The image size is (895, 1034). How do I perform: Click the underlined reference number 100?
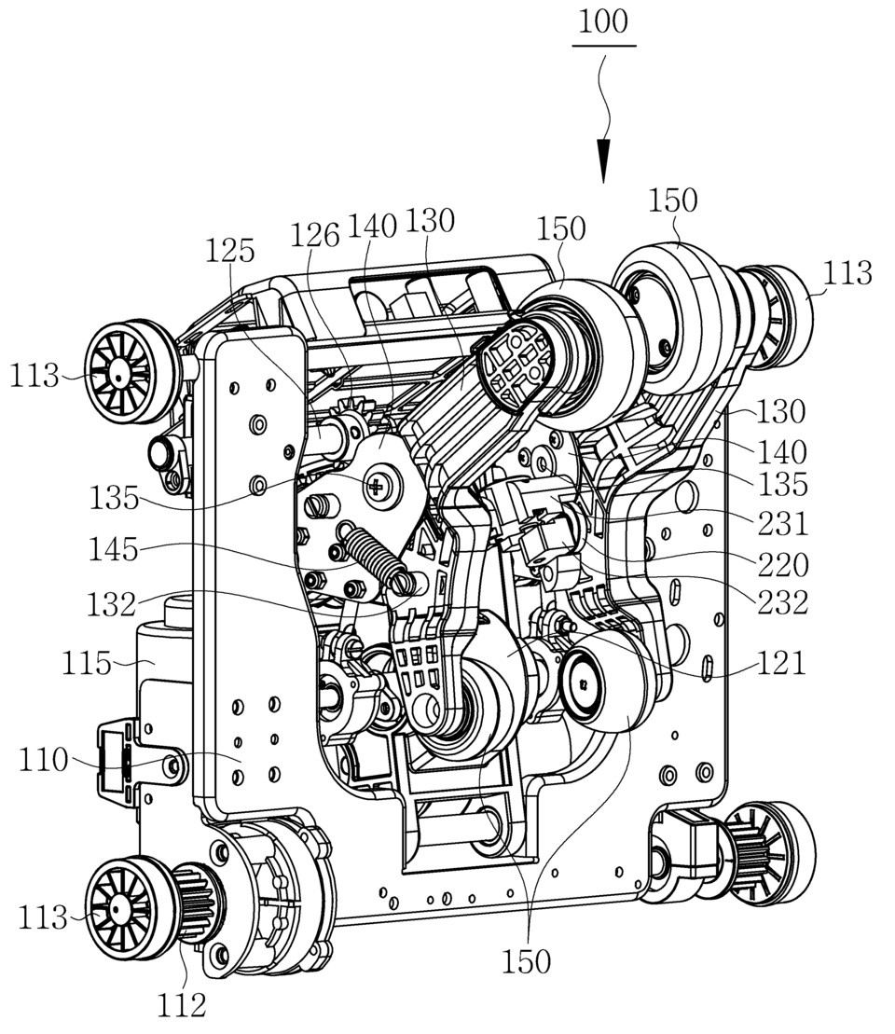602,22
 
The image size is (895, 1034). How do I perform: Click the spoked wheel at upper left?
120,366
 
